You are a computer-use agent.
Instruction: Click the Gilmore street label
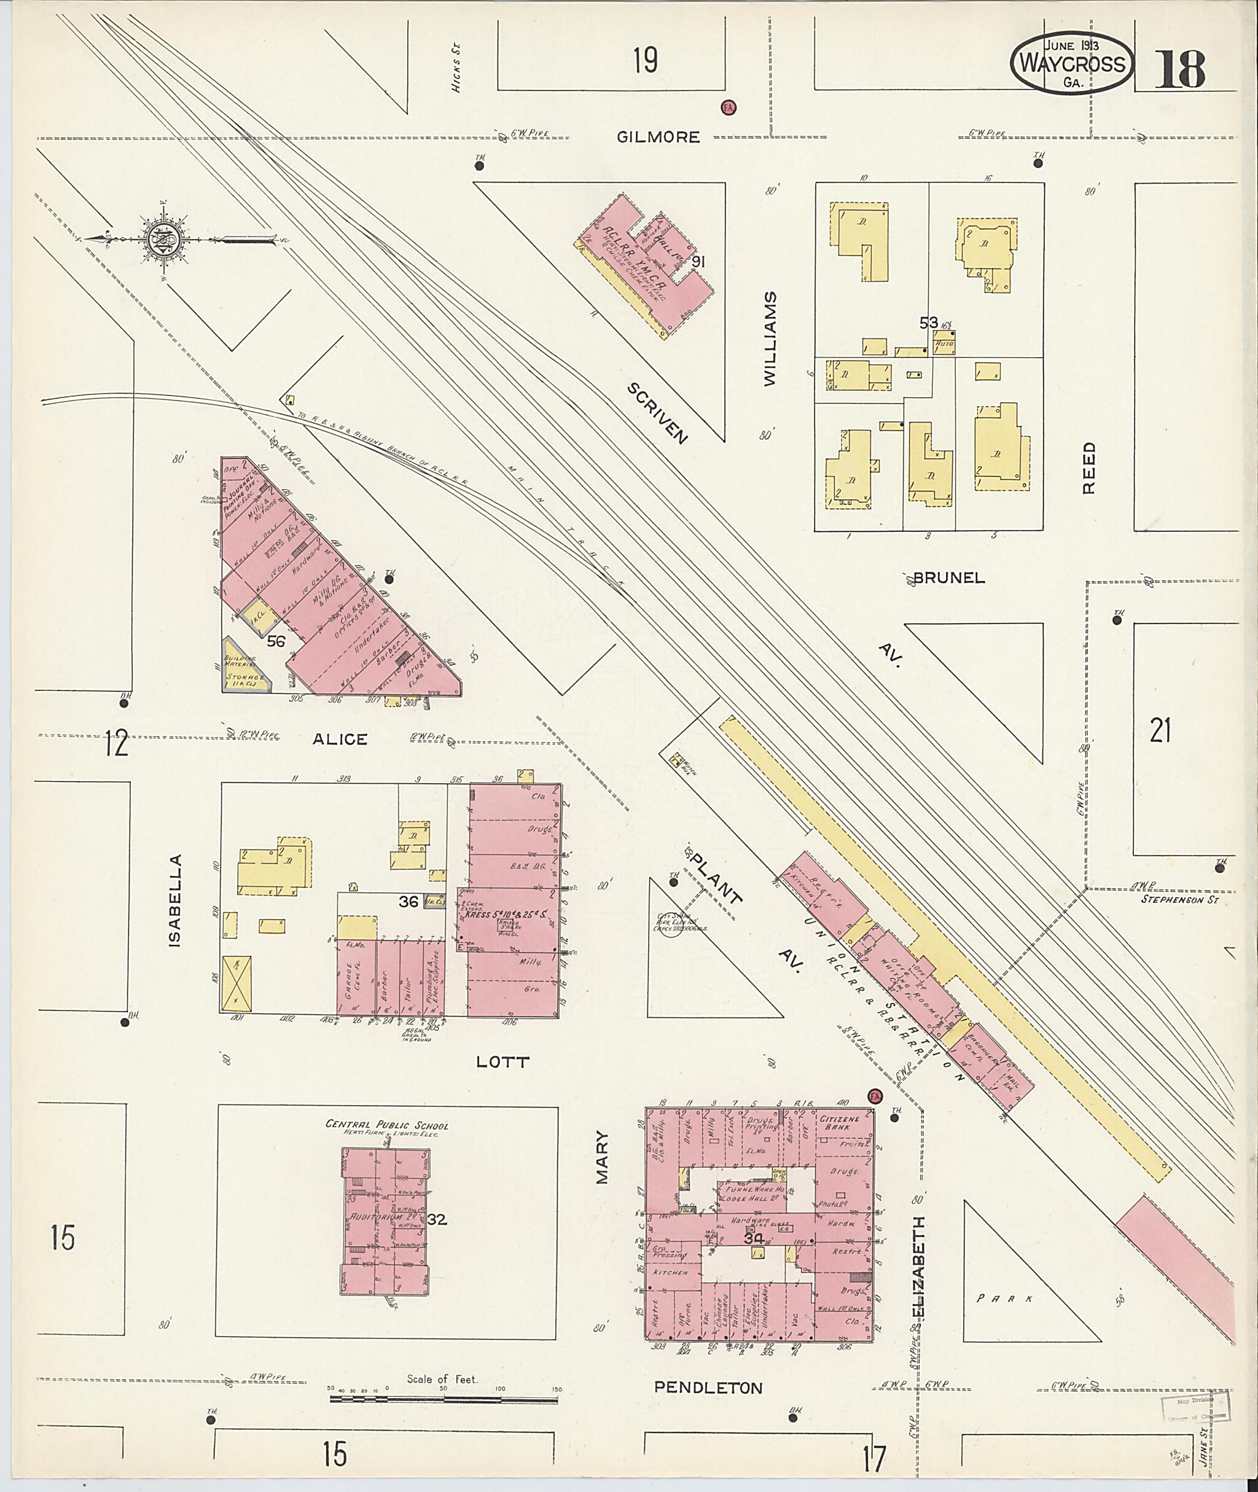coord(658,137)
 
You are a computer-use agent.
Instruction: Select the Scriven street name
coord(657,413)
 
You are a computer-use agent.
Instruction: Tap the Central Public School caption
coord(387,1125)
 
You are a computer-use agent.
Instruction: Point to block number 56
coord(275,641)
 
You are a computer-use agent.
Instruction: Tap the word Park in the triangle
coord(1005,1299)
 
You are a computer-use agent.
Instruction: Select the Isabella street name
coord(176,900)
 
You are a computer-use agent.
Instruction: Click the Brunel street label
coord(948,579)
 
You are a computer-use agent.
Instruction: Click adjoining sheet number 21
coord(1160,731)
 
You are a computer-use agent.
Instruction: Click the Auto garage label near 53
coord(943,343)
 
